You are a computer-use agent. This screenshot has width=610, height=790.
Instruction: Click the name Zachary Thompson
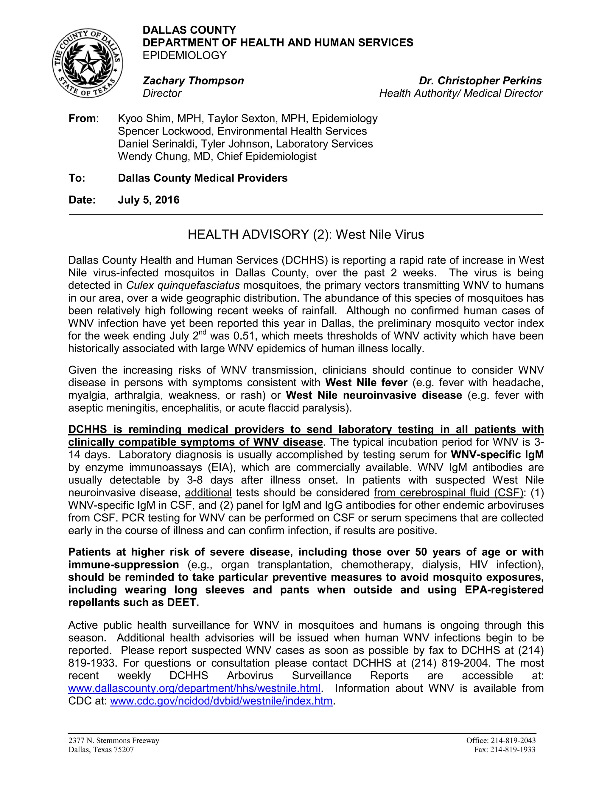click(193, 81)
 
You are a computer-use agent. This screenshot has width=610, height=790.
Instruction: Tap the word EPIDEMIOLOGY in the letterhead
click(184, 55)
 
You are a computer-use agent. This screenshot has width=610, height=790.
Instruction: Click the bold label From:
click(83, 119)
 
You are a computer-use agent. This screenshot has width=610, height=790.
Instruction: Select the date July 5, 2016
click(149, 200)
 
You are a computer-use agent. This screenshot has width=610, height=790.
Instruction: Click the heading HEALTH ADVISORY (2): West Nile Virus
click(305, 235)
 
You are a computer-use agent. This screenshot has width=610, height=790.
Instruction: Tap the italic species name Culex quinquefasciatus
click(183, 285)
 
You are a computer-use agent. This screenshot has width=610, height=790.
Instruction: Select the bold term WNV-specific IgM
click(497, 455)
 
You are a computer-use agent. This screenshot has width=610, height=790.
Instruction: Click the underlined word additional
click(208, 493)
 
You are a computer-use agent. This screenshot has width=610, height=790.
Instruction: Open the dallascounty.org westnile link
click(194, 688)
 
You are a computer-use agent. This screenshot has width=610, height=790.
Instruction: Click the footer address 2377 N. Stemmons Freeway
click(114, 741)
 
